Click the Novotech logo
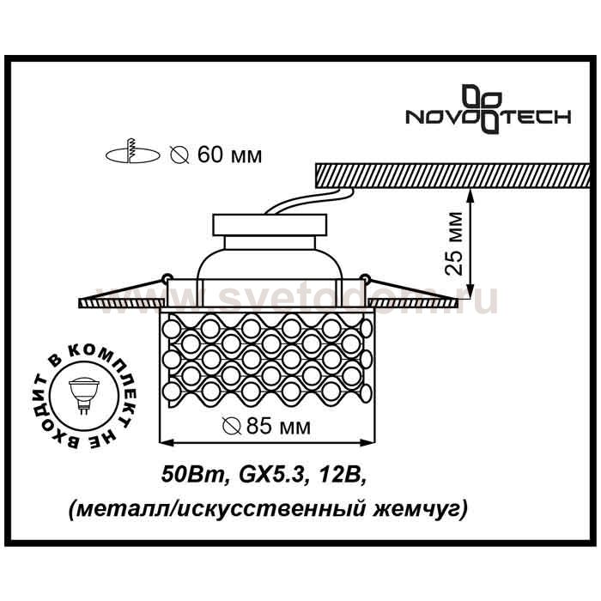click(x=489, y=109)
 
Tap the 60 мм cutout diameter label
click(x=217, y=155)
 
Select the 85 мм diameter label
click(x=267, y=426)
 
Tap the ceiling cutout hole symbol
click(x=132, y=154)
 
